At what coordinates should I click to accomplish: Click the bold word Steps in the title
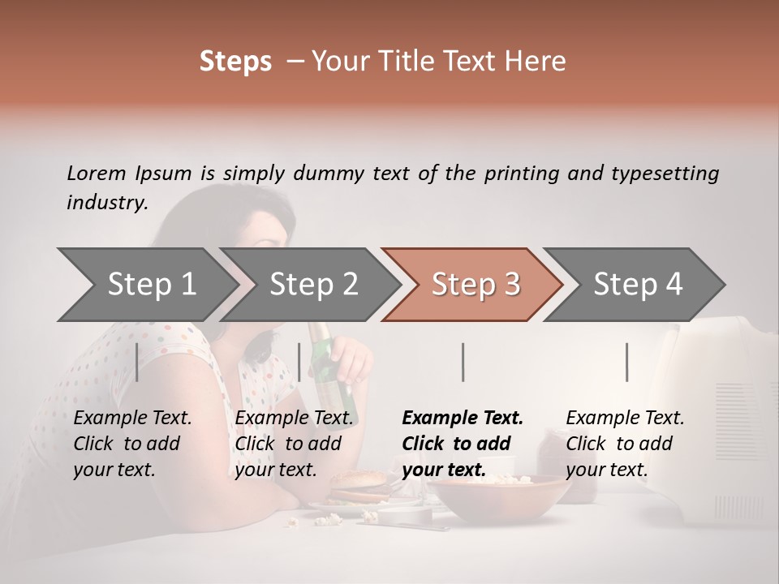(235, 62)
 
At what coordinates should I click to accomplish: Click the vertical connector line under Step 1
(136, 362)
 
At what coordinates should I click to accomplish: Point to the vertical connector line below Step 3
(463, 362)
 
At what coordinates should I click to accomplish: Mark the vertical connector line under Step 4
(626, 362)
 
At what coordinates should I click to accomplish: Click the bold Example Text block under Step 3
(463, 444)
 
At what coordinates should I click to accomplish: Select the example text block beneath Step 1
(132, 444)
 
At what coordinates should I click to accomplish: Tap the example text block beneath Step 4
(625, 444)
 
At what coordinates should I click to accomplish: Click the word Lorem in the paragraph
(97, 173)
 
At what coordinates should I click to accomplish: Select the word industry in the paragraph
(106, 203)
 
